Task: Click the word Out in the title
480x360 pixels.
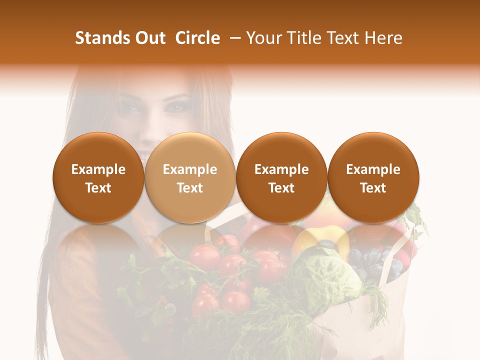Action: (148, 38)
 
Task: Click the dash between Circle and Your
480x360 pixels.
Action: (233, 38)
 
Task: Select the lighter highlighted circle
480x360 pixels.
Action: (190, 177)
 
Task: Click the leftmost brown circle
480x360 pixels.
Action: (98, 177)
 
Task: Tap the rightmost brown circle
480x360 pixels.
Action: (373, 177)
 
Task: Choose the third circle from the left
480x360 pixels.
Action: (281, 177)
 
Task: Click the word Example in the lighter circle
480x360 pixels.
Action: (190, 169)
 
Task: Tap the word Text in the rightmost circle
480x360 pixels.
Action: (373, 188)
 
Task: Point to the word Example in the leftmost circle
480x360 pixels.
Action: (98, 169)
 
